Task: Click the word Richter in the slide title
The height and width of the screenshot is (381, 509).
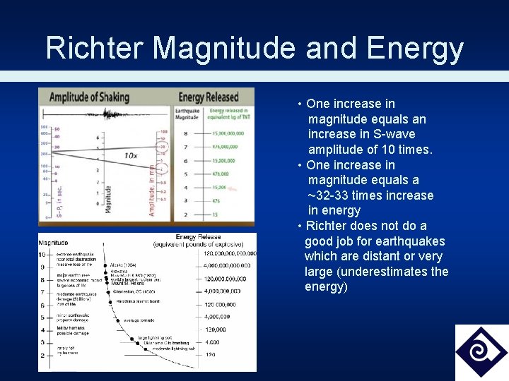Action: [95, 48]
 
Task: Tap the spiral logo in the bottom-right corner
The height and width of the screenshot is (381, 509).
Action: [481, 352]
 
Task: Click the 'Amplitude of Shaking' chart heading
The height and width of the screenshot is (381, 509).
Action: [89, 97]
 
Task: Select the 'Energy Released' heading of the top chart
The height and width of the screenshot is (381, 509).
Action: [210, 97]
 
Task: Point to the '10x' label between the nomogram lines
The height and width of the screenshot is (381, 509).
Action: [131, 155]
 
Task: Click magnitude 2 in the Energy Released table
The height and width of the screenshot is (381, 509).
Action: [185, 214]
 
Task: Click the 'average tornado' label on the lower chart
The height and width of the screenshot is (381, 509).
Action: [139, 320]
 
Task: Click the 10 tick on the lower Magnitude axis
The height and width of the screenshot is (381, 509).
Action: [42, 254]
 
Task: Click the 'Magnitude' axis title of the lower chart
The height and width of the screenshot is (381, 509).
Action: [54, 243]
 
